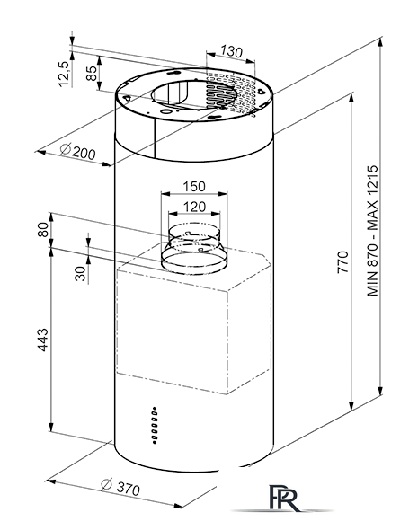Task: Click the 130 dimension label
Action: point(232,51)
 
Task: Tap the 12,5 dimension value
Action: point(64,74)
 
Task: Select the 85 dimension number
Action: point(92,73)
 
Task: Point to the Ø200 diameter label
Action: point(77,151)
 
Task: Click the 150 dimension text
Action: point(194,187)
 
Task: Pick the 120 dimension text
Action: point(194,207)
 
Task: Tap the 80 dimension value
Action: point(44,229)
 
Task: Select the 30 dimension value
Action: point(81,274)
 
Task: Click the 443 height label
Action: point(43,340)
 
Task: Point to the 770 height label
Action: point(342,262)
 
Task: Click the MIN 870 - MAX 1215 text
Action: point(372,231)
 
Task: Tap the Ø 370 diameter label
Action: point(120,488)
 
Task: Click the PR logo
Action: point(285,498)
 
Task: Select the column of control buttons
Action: point(155,425)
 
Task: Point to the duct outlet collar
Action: point(194,249)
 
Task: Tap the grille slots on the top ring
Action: point(231,93)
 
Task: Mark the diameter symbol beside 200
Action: point(66,148)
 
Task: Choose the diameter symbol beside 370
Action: point(107,484)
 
